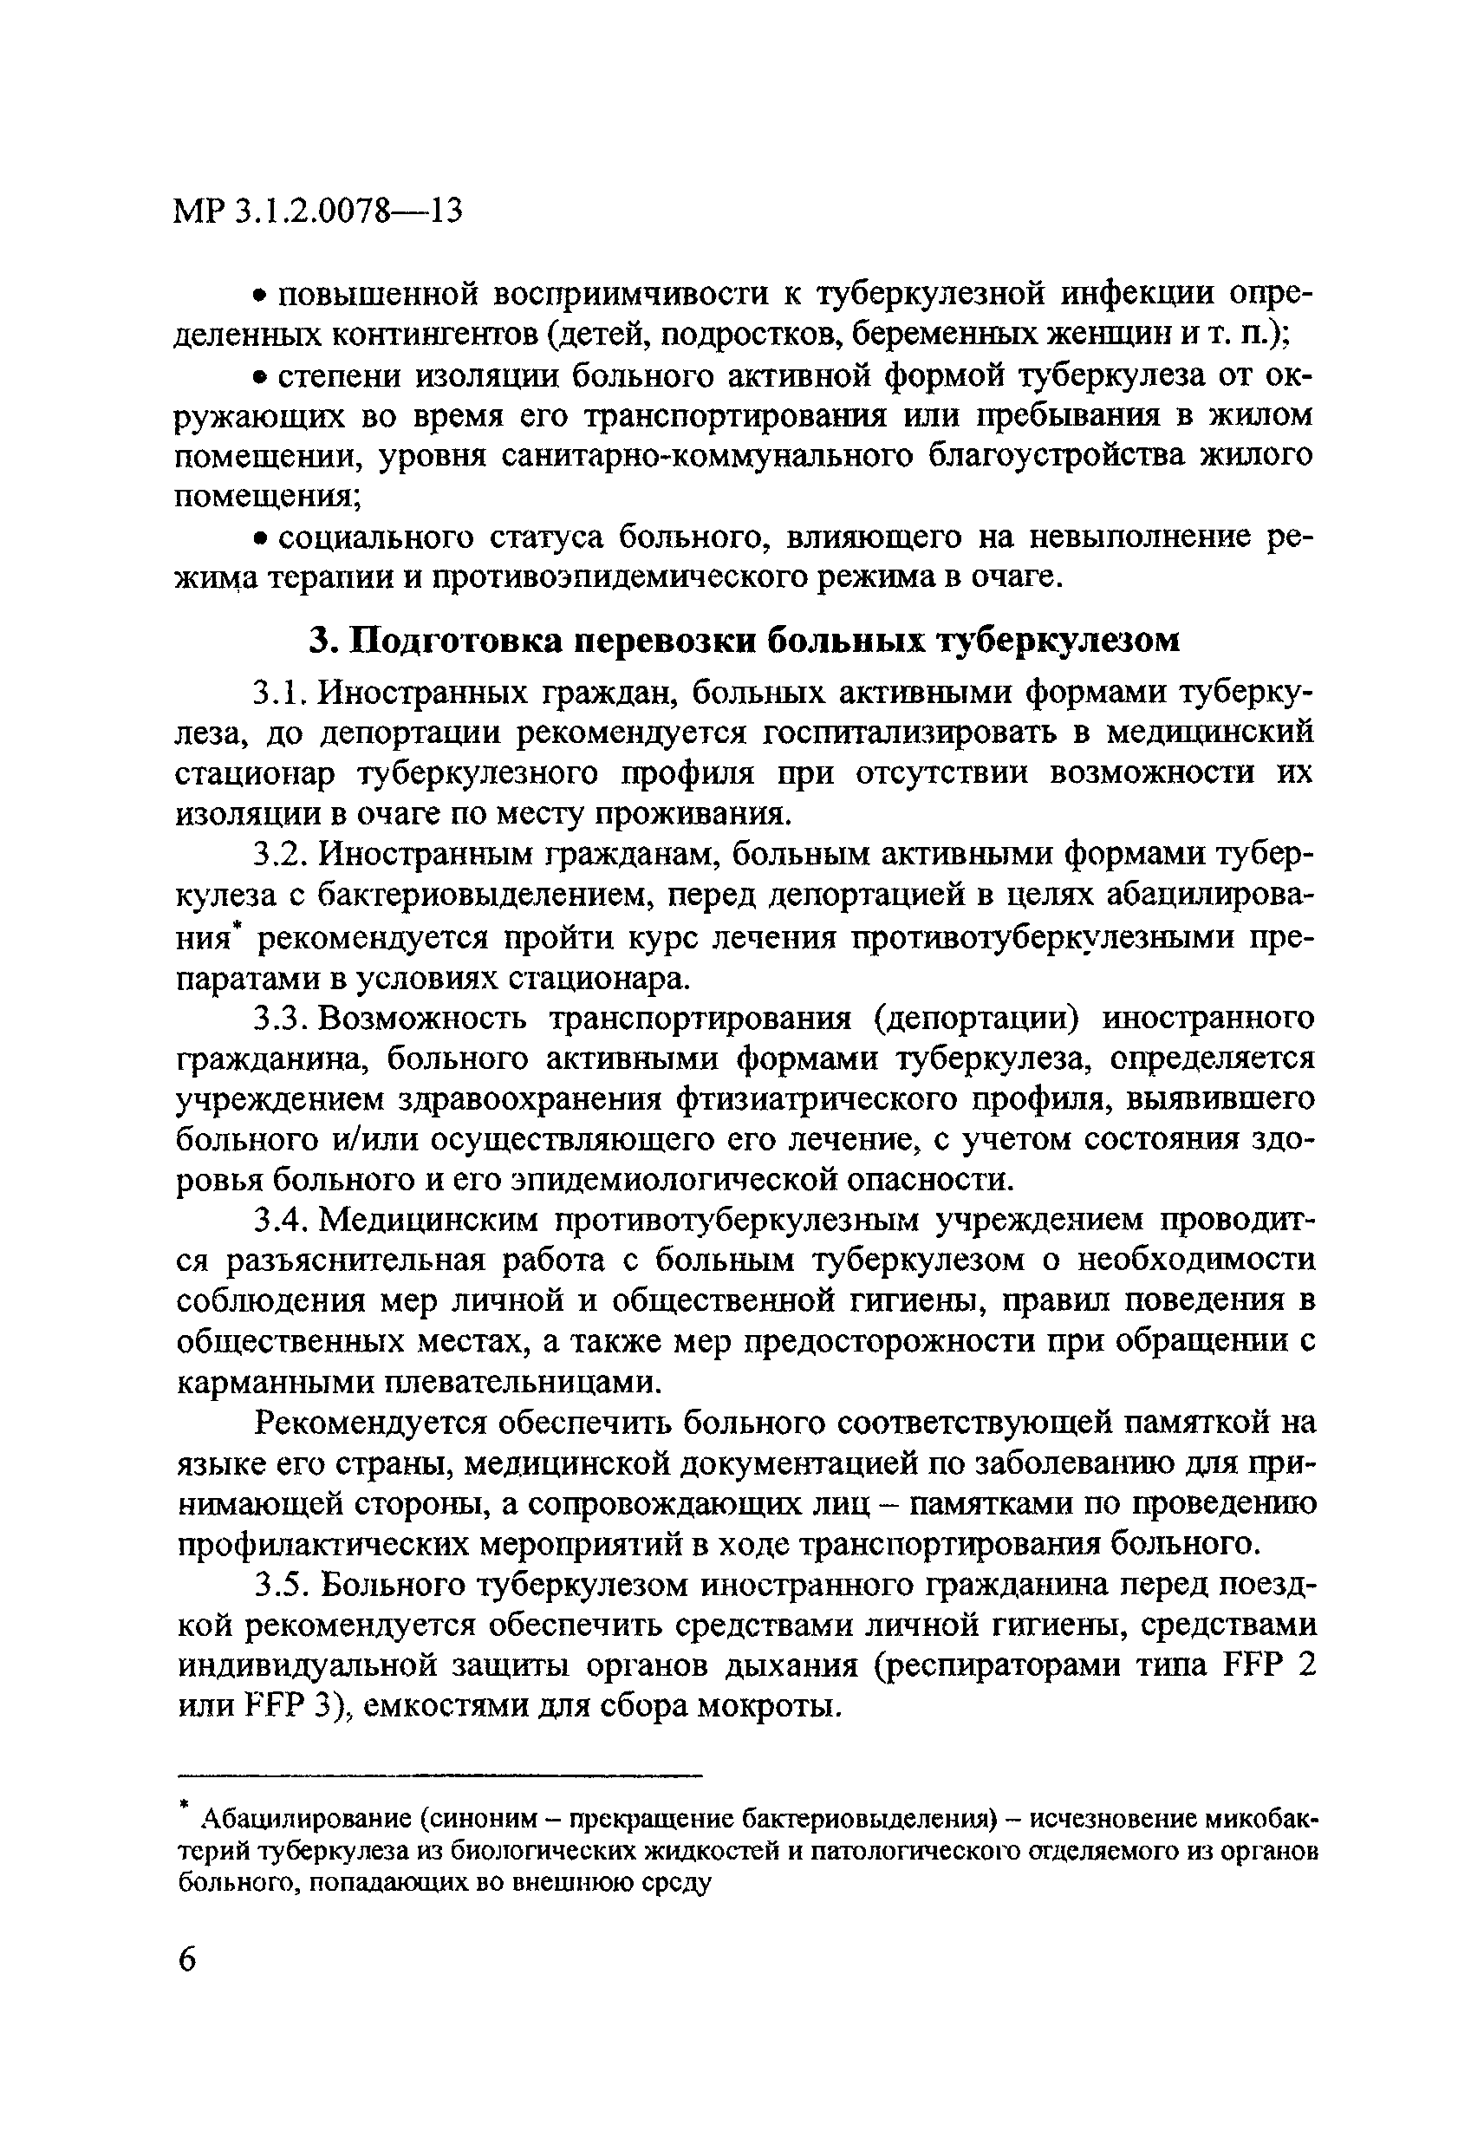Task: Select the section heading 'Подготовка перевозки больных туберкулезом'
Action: pyautogui.click(x=744, y=640)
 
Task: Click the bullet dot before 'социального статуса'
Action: pyautogui.click(x=261, y=537)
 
